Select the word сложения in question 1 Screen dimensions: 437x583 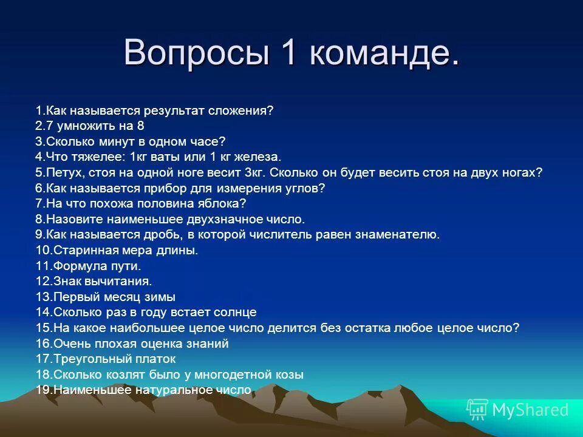[241, 110]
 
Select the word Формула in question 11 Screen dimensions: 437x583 [77, 266]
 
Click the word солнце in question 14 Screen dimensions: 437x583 [235, 313]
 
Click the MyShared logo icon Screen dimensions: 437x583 [477, 410]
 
